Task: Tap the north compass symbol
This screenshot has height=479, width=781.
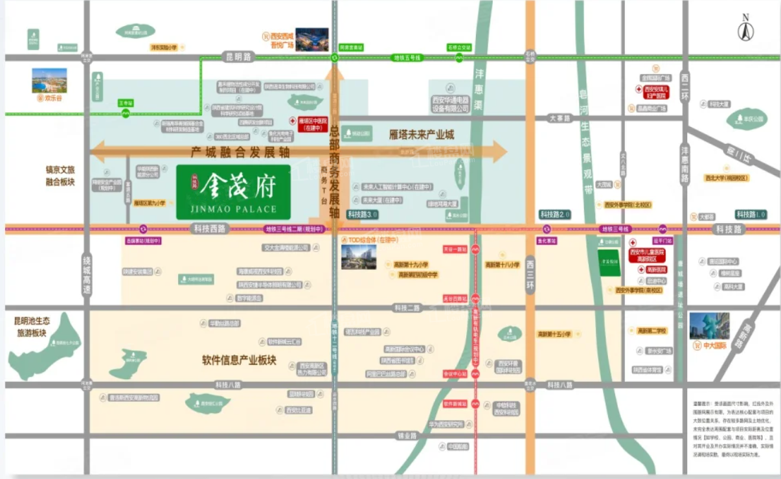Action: [x=745, y=29]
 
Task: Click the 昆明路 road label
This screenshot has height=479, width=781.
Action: [x=237, y=57]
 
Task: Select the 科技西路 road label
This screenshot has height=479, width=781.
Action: [x=209, y=228]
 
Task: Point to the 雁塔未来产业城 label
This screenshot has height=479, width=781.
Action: [x=422, y=135]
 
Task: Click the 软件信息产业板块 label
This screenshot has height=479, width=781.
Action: [x=239, y=360]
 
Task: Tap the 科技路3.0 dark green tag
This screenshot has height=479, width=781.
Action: [x=363, y=214]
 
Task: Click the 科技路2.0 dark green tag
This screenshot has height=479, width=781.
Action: [x=555, y=214]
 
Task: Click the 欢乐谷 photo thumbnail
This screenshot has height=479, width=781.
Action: [x=49, y=81]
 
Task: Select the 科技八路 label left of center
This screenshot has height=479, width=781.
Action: [x=228, y=385]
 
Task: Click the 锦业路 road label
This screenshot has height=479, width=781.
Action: [x=407, y=436]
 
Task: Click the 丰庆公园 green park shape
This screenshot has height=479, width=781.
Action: [x=746, y=119]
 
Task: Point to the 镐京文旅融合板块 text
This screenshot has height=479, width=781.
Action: [x=60, y=176]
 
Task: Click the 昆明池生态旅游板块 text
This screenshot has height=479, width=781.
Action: [x=31, y=327]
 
